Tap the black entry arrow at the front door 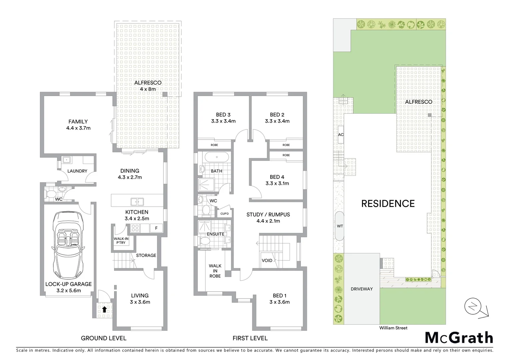pyautogui.click(x=104, y=309)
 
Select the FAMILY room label pyautogui.click(x=78, y=122)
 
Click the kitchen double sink pyautogui.click(x=137, y=202)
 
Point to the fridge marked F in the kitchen pyautogui.click(x=156, y=228)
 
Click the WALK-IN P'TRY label pyautogui.click(x=121, y=241)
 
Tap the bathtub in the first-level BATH pyautogui.click(x=216, y=157)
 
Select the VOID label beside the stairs pyautogui.click(x=267, y=260)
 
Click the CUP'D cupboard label pyautogui.click(x=224, y=214)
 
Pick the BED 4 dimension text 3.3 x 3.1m pyautogui.click(x=277, y=183)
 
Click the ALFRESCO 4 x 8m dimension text pyautogui.click(x=147, y=89)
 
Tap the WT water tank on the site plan pyautogui.click(x=340, y=226)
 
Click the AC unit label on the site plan pyautogui.click(x=341, y=135)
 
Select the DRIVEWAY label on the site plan pyautogui.click(x=362, y=289)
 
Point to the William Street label pyautogui.click(x=393, y=328)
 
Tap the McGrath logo pyautogui.click(x=459, y=338)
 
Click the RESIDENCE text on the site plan pyautogui.click(x=388, y=204)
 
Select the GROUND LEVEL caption pyautogui.click(x=103, y=338)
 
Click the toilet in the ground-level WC pyautogui.click(x=51, y=194)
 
